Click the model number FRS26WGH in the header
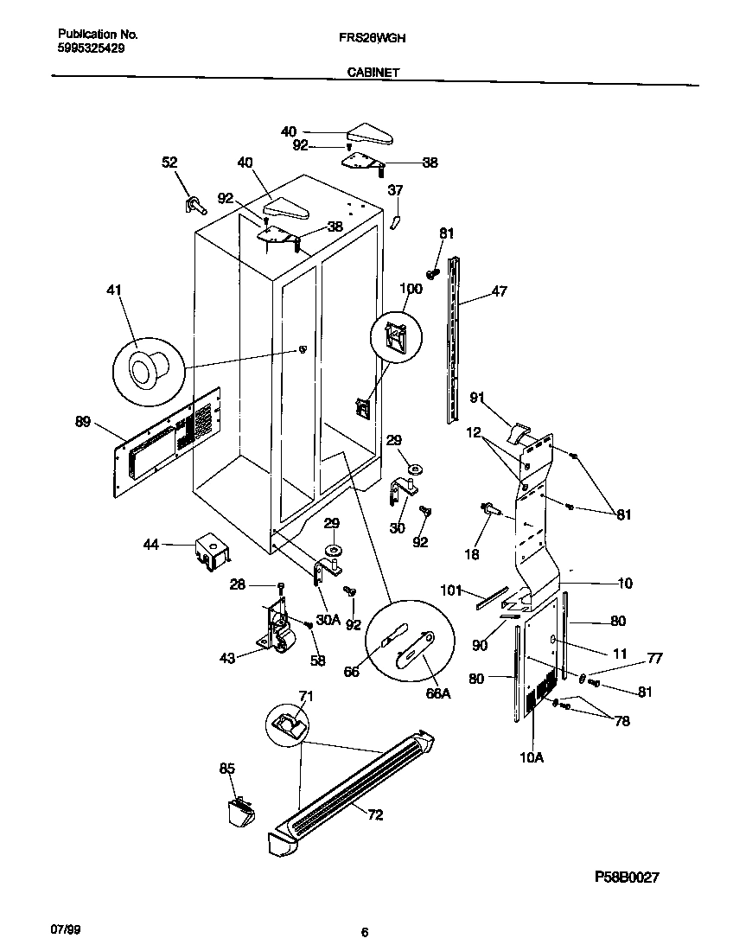369,38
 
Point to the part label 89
83,422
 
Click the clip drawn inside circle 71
288,722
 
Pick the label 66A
438,693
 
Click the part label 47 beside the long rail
500,293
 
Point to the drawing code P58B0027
627,877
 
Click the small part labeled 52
194,205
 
